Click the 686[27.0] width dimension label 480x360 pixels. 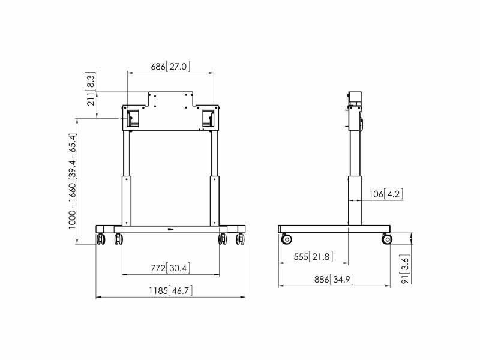pyautogui.click(x=170, y=67)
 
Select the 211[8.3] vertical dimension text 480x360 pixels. pyautogui.click(x=91, y=89)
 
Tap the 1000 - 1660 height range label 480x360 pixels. pyautogui.click(x=72, y=181)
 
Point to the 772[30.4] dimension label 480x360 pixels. pyautogui.click(x=170, y=268)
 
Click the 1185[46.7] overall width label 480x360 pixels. pyautogui.click(x=170, y=290)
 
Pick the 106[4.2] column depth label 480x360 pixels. pyautogui.click(x=386, y=194)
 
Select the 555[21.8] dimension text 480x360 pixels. pyautogui.click(x=313, y=257)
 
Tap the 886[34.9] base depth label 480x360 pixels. pyautogui.click(x=334, y=280)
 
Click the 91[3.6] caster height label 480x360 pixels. pyautogui.click(x=406, y=269)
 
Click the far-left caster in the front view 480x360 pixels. pyautogui.click(x=101, y=239)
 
